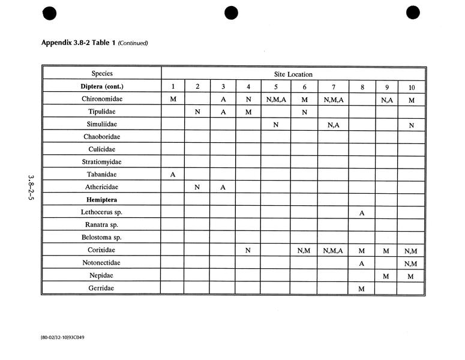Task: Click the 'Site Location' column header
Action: click(294, 74)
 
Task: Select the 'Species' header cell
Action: click(102, 74)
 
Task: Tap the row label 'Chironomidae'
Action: click(102, 99)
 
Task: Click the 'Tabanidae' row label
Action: click(102, 174)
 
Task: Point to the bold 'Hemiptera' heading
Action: click(102, 199)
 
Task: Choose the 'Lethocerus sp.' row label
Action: click(102, 212)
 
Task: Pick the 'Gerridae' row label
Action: click(102, 288)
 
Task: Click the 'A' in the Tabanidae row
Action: click(173, 175)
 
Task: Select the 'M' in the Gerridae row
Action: click(362, 289)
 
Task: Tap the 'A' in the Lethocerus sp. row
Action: click(362, 213)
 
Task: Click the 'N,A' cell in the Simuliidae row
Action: click(333, 124)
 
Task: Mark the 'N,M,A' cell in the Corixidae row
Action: click(333, 250)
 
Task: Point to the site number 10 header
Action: click(411, 88)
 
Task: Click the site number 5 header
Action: click(275, 87)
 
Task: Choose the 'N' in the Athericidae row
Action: click(197, 187)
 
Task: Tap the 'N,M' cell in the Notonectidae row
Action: click(411, 263)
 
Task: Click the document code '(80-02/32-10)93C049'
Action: click(62, 337)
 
